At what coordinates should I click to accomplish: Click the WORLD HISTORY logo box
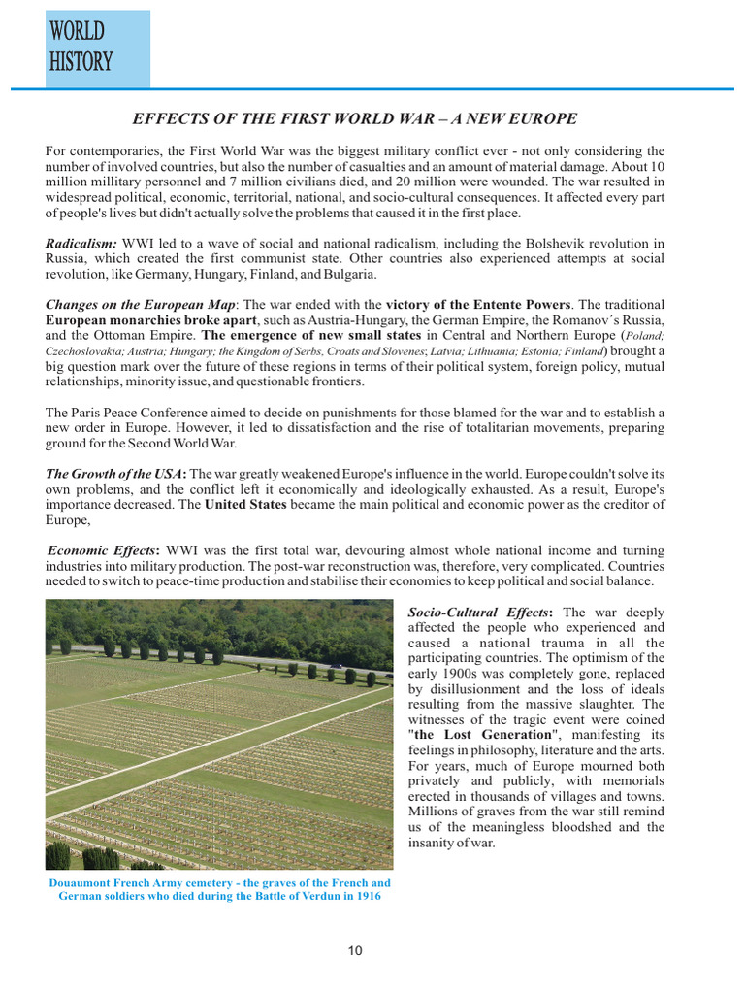point(97,49)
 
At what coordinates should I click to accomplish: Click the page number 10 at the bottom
point(355,950)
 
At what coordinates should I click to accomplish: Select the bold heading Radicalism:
point(81,243)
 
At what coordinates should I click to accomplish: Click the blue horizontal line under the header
point(388,89)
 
